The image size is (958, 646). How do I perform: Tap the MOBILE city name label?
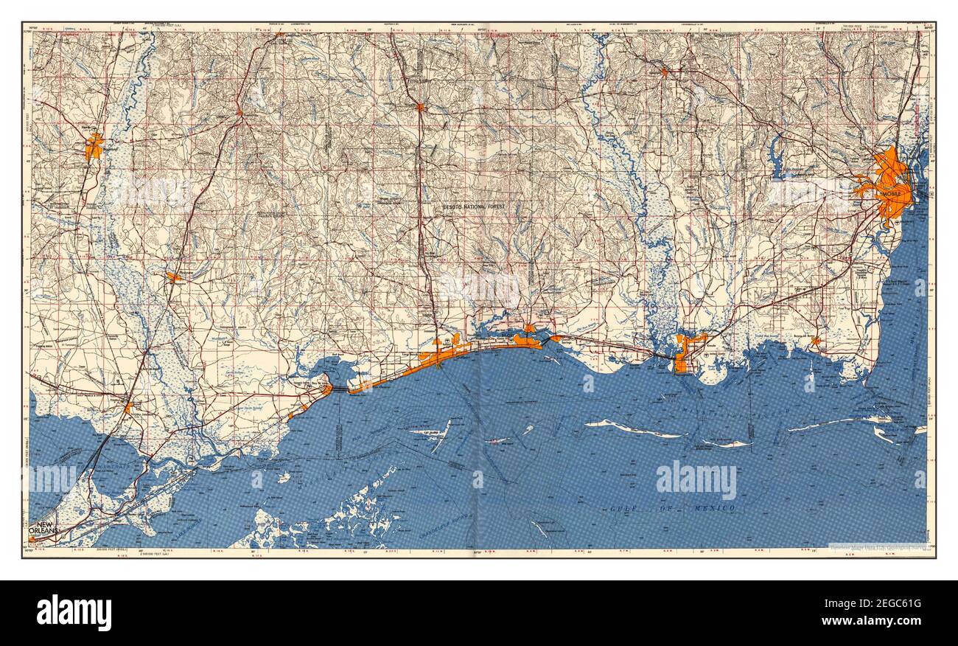tap(895, 193)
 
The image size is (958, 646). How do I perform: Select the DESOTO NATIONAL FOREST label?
tap(475, 207)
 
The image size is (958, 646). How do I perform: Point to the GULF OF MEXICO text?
tap(672, 509)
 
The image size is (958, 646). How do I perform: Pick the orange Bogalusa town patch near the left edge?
tap(94, 146)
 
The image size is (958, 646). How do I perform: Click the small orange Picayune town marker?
tap(174, 277)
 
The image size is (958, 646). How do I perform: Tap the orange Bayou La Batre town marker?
tap(815, 341)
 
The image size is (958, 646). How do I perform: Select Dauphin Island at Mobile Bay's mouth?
tap(833, 423)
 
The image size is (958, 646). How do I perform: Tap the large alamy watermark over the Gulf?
tap(696, 479)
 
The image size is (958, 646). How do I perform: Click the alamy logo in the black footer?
tap(74, 613)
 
